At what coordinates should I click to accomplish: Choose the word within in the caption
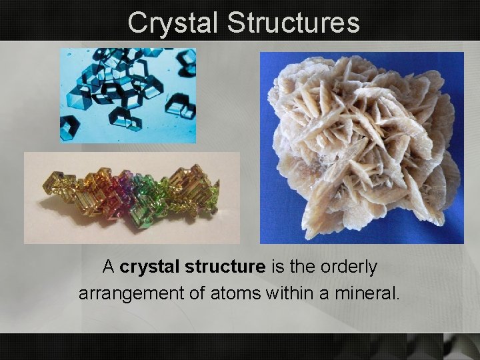point(285,293)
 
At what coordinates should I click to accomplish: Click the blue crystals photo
point(128,95)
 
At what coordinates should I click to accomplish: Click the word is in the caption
point(277,267)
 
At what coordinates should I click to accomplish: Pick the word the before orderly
point(301,267)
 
